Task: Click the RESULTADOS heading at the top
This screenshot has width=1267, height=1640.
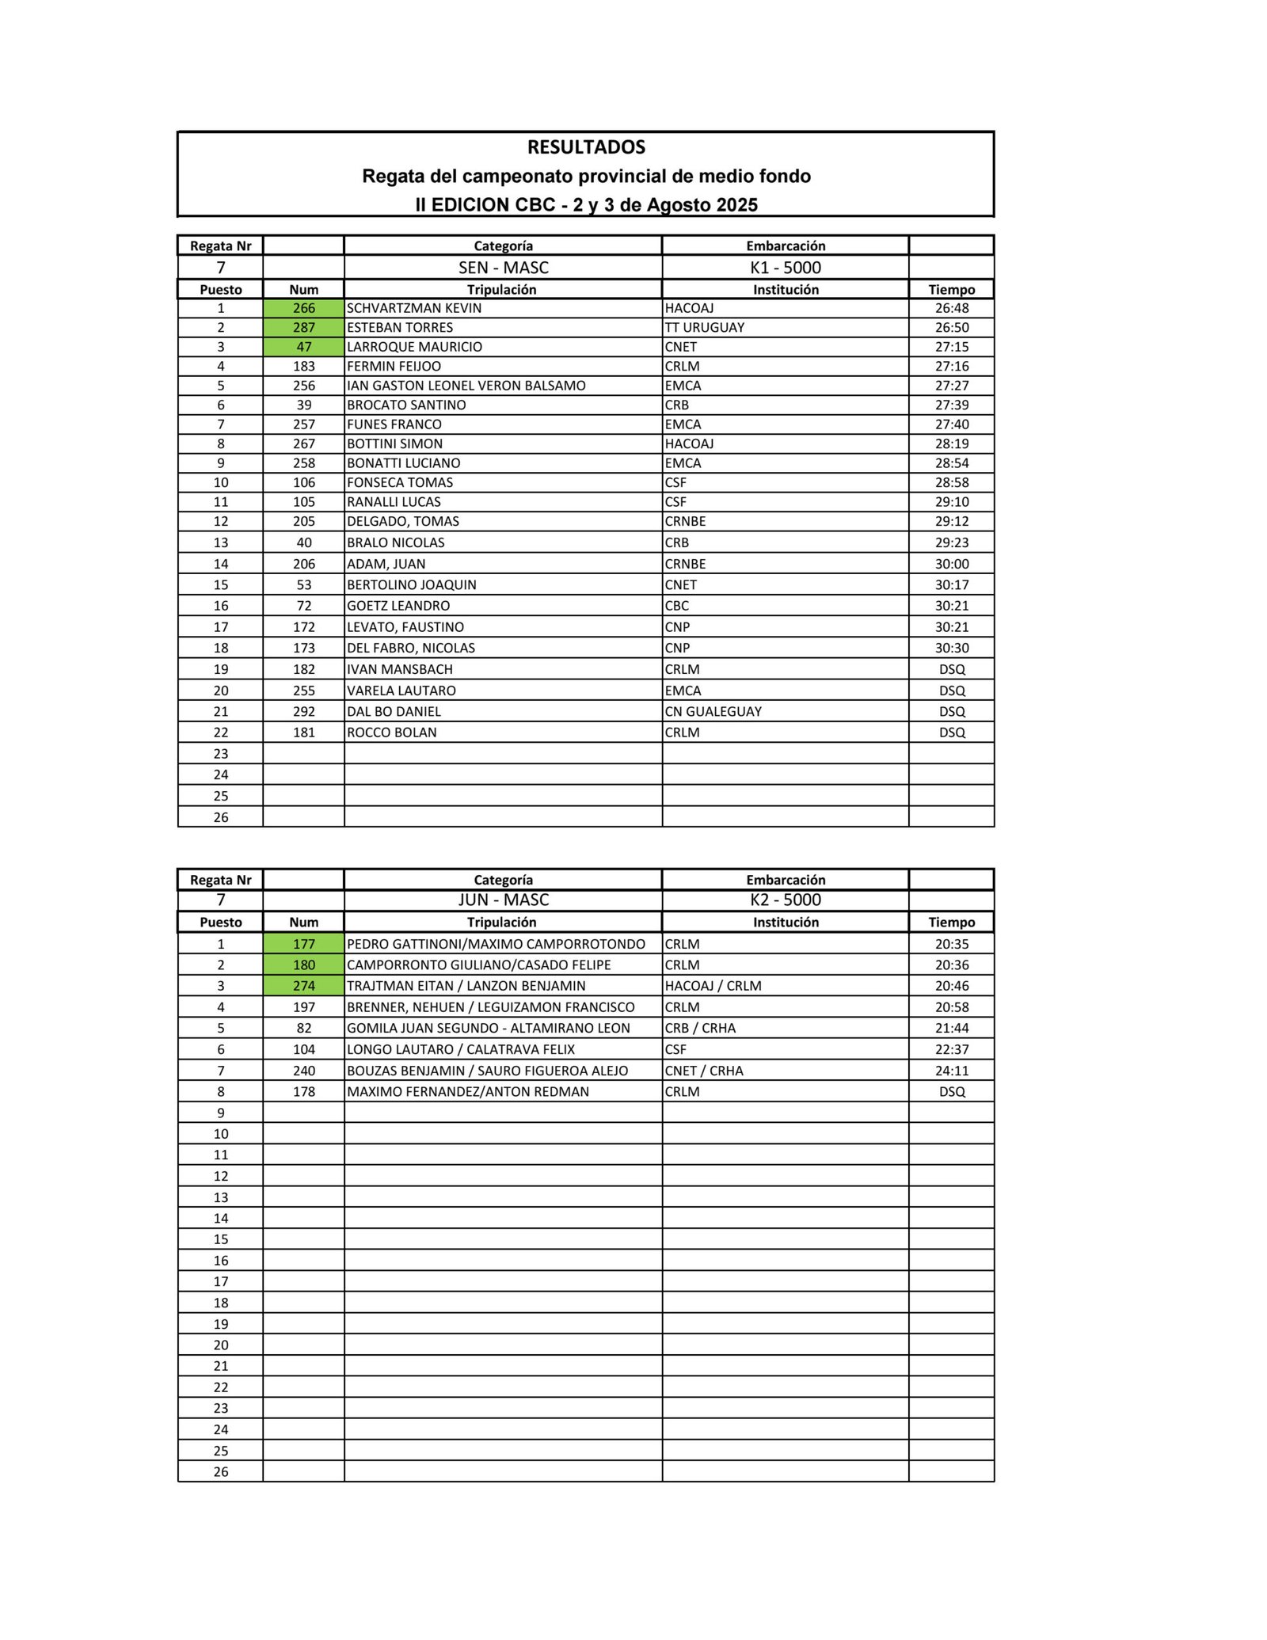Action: [586, 147]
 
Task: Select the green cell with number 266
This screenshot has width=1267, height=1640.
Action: [303, 308]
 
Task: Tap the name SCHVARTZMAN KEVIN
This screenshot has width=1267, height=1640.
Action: [414, 308]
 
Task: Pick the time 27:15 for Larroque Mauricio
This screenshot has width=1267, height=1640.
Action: [951, 347]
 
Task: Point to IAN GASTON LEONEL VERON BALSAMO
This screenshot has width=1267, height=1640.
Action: [466, 386]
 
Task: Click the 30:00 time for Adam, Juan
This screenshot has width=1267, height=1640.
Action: [951, 564]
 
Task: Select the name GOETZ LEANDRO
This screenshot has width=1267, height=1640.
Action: [398, 606]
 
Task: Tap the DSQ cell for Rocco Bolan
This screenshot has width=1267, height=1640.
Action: [951, 732]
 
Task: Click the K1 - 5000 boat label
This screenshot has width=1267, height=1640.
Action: [785, 268]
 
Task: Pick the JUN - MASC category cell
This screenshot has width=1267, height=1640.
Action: [503, 900]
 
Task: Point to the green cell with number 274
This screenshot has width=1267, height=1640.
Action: [303, 986]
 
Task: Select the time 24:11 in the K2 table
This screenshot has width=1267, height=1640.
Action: [951, 1071]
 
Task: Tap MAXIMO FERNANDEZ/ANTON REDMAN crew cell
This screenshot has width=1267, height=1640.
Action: [468, 1092]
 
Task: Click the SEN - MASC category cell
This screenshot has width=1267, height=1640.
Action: [503, 268]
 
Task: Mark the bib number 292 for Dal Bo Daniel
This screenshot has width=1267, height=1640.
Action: [303, 712]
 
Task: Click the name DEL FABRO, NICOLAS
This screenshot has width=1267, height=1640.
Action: [411, 648]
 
